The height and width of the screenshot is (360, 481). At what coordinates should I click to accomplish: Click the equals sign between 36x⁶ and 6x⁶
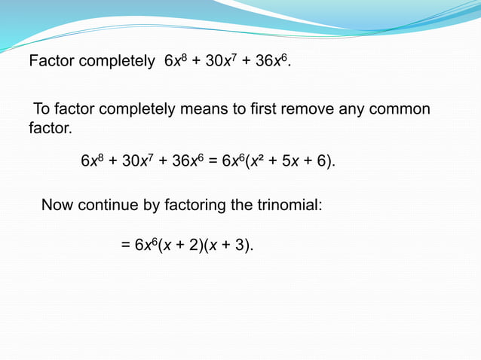213,161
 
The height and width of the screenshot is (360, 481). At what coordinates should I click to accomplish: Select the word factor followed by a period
49,129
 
